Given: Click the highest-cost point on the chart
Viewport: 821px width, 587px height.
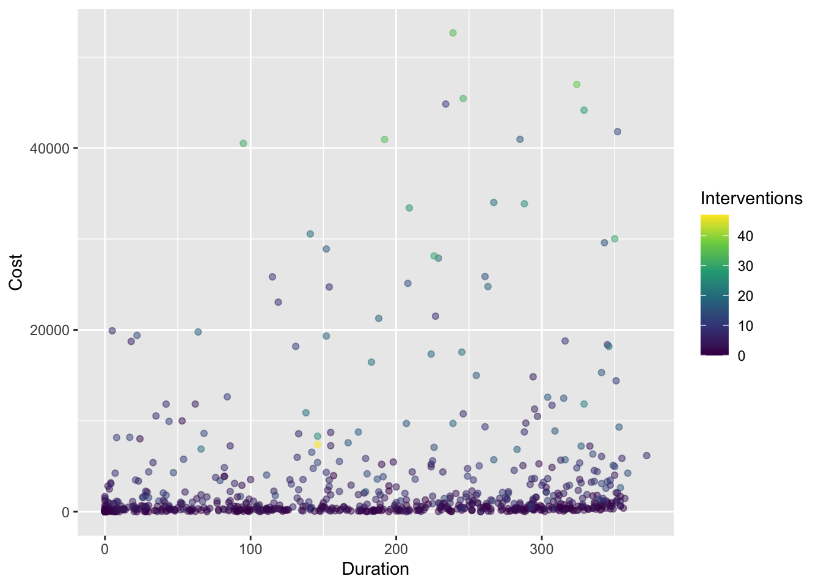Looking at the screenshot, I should (x=453, y=33).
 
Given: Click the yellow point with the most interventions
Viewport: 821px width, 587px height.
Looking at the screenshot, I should (x=317, y=445).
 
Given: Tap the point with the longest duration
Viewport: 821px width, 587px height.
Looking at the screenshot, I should (x=646, y=456).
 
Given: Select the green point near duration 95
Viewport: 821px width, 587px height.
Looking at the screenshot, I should (x=243, y=143).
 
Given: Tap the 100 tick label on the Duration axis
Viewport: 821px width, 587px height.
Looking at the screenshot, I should (x=250, y=549).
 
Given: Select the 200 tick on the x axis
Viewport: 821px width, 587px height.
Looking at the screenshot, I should (x=396, y=549).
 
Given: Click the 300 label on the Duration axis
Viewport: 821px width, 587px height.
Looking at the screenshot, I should (x=542, y=549).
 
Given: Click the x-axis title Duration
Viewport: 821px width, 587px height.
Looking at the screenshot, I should (x=375, y=569).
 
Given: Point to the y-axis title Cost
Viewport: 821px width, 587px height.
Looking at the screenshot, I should (x=16, y=273).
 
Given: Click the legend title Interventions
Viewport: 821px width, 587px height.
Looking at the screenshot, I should (x=751, y=198).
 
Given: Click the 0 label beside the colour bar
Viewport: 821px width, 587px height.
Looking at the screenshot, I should (x=742, y=356).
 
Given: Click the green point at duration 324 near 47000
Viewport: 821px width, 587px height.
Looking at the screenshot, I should (x=577, y=84).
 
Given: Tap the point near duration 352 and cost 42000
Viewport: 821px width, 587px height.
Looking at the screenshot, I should (x=618, y=131).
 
